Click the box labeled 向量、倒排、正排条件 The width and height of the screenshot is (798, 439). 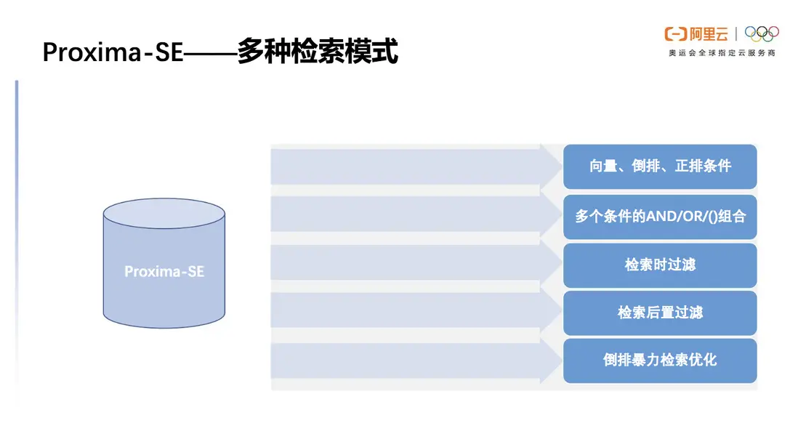tap(660, 166)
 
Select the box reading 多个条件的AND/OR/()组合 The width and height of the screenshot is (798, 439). tap(660, 217)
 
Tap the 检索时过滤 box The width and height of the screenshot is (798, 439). tap(660, 265)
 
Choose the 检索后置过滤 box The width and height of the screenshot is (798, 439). tap(660, 313)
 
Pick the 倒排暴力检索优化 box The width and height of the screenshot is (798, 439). tap(660, 361)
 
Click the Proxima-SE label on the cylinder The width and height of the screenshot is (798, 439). tap(164, 272)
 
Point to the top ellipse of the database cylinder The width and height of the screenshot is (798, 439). tap(164, 213)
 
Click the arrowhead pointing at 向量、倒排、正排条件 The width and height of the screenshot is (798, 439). tap(551, 166)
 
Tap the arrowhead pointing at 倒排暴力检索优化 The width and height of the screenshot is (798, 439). tap(551, 361)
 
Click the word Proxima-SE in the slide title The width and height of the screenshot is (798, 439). tap(113, 52)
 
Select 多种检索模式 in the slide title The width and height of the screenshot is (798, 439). tap(318, 51)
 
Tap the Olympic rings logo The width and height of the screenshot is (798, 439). tap(762, 33)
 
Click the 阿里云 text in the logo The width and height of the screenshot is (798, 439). tap(709, 34)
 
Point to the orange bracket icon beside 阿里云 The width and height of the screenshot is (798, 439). tap(676, 34)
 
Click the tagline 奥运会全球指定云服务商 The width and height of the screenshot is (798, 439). tap(722, 53)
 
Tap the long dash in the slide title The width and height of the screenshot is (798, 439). tap(210, 53)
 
